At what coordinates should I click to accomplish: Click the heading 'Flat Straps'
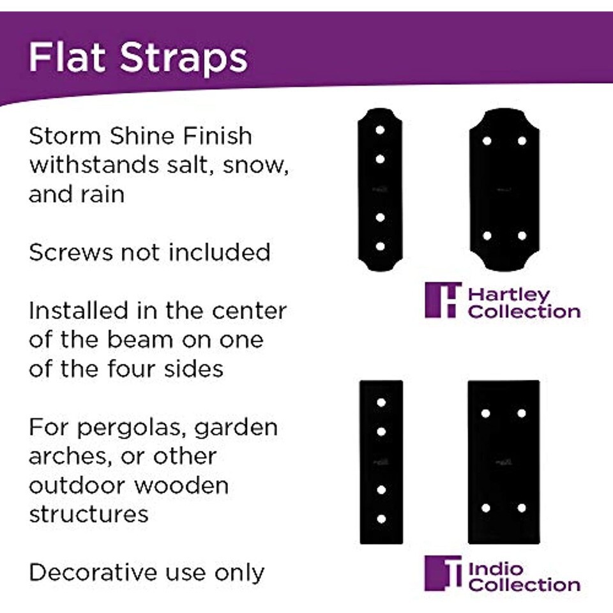[x=138, y=57]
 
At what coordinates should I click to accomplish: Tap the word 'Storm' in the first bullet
[x=65, y=136]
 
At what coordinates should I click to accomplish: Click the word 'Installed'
[x=79, y=311]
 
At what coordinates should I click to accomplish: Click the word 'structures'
[x=89, y=514]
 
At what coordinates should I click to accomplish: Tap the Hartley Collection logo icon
[x=443, y=300]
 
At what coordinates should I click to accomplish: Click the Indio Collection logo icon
[x=443, y=573]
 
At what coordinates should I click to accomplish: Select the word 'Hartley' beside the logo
[x=509, y=295]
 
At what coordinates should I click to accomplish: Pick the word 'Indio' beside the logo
[x=496, y=569]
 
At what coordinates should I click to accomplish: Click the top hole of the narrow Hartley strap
[x=380, y=130]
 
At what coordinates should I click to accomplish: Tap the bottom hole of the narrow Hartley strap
[x=380, y=246]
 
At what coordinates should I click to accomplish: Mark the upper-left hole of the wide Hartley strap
[x=487, y=140]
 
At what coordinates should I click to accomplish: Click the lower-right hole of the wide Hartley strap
[x=522, y=236]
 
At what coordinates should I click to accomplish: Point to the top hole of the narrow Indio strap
[x=381, y=403]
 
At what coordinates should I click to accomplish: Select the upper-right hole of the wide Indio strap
[x=522, y=413]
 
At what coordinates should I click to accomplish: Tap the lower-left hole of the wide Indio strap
[x=486, y=508]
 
